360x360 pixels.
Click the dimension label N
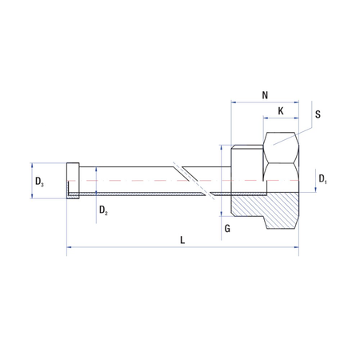click(265, 94)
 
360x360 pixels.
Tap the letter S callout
click(318, 114)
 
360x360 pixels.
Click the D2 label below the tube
click(104, 210)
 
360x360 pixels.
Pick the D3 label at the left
click(39, 184)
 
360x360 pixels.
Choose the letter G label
click(228, 228)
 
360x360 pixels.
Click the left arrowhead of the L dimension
click(69, 248)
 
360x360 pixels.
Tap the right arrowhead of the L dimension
click(296, 248)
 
